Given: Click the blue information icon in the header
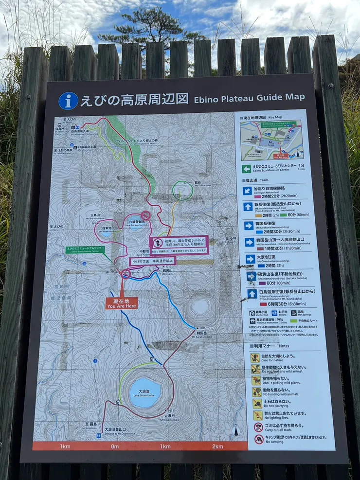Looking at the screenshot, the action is tap(68, 101).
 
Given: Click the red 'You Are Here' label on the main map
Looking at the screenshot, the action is tap(122, 303).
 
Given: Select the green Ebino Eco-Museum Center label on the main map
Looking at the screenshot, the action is tap(85, 249).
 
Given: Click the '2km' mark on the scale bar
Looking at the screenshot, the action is tap(217, 446).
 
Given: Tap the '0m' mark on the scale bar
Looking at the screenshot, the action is tap(115, 446).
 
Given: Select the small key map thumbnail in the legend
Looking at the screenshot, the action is tap(271, 140).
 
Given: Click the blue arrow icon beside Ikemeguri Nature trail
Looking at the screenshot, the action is tap(248, 191).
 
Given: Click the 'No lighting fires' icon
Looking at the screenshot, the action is tap(258, 415).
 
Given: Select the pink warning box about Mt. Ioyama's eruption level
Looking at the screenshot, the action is tap(179, 244).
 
